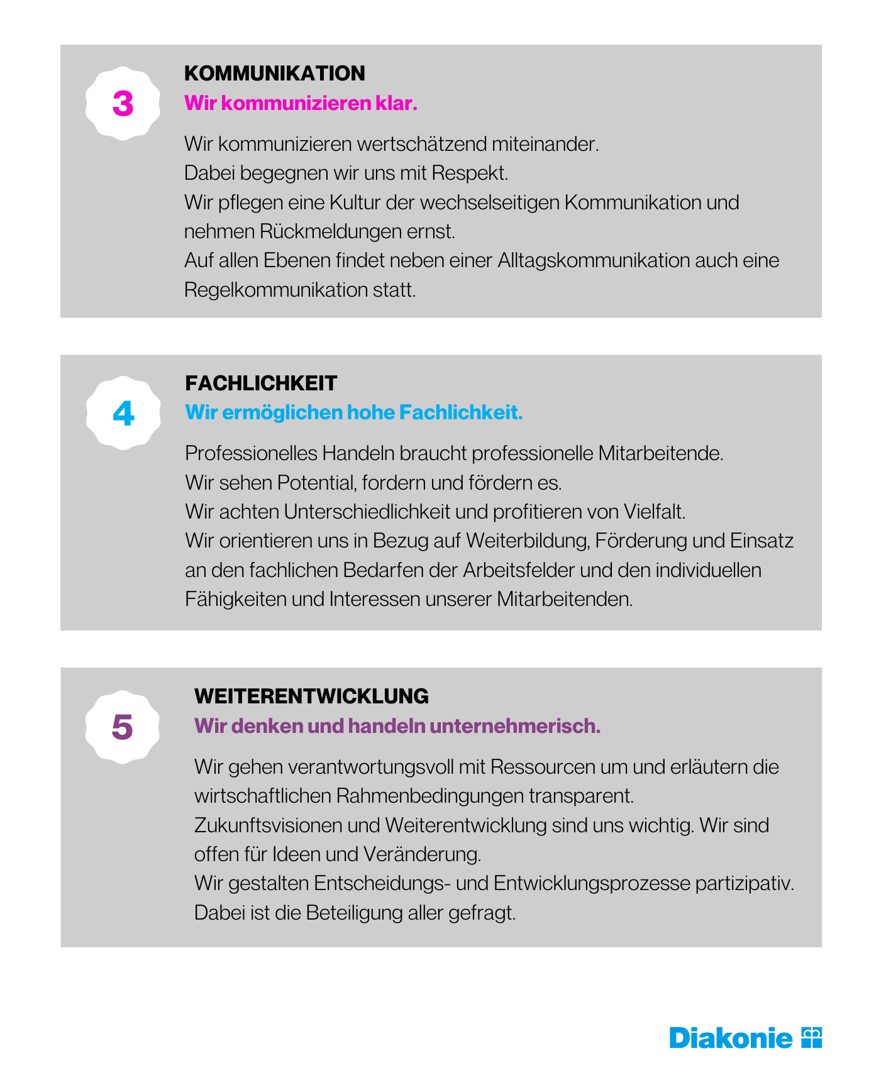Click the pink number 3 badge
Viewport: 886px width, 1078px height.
pyautogui.click(x=123, y=104)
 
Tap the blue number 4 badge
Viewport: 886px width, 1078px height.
pyautogui.click(x=123, y=414)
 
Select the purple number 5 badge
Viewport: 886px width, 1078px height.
pyautogui.click(x=122, y=727)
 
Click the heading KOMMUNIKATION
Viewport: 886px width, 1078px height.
pyautogui.click(x=274, y=74)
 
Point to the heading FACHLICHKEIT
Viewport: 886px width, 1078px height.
pyautogui.click(x=261, y=383)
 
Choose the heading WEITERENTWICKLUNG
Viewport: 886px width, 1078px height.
pyautogui.click(x=311, y=696)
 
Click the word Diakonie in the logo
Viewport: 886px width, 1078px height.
pyautogui.click(x=731, y=1038)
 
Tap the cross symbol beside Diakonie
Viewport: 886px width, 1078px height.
pyautogui.click(x=812, y=1038)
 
